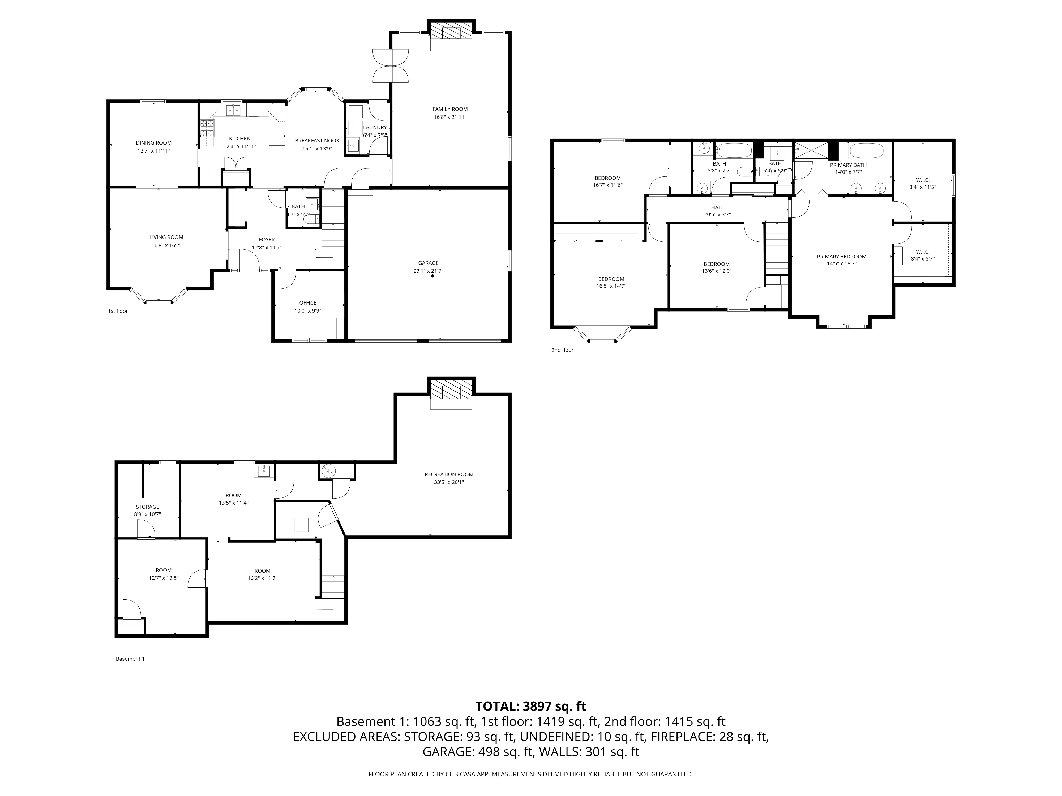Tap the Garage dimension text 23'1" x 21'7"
coord(428,271)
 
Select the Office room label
coord(308,303)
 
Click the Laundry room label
coord(375,127)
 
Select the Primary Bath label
coord(848,165)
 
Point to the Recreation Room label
coord(449,474)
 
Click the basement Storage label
coord(147,507)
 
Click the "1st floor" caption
coord(118,311)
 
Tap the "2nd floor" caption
coord(562,350)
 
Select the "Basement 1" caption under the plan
coord(130,659)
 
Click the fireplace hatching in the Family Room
coord(451,32)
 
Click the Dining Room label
coord(154,142)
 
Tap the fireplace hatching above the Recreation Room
coord(451,390)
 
